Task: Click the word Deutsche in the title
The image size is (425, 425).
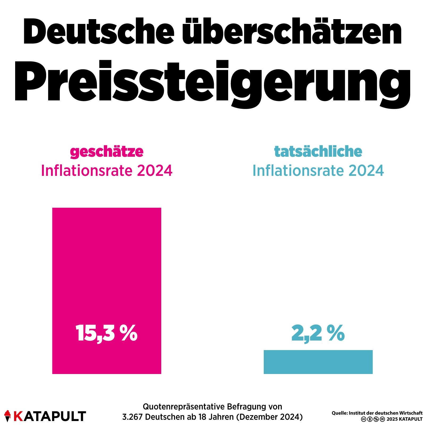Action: pos(99,32)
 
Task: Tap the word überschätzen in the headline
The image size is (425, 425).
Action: pos(292,32)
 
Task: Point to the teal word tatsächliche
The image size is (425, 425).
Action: pos(318,151)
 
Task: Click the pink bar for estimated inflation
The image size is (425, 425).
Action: pos(107,266)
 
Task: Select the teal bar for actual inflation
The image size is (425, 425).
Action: pos(318,362)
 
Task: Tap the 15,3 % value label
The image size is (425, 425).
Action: pos(107,333)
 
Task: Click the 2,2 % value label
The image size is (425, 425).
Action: pos(318,333)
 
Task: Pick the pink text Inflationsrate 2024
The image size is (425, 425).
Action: pos(107,171)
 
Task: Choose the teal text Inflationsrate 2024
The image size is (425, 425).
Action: pos(318,171)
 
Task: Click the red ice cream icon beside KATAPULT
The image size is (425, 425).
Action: pos(8,416)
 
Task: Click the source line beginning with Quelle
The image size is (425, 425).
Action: pos(377,413)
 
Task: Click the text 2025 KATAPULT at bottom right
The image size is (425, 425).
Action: pos(404,419)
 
